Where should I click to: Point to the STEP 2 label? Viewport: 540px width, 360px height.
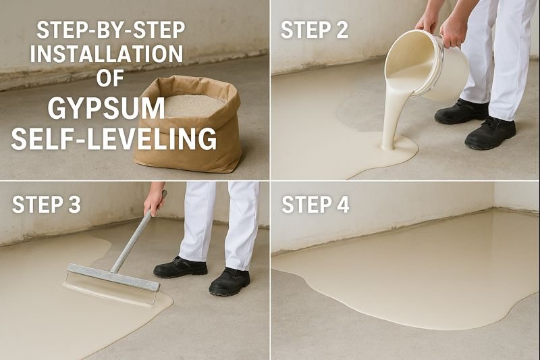(315, 31)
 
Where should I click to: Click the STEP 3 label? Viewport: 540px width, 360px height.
(46, 204)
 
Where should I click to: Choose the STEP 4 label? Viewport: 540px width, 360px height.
(315, 204)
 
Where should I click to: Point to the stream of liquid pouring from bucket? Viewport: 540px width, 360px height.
(391, 115)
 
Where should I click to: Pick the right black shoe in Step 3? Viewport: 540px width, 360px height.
(230, 280)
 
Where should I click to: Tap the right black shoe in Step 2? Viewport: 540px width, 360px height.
(491, 133)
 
